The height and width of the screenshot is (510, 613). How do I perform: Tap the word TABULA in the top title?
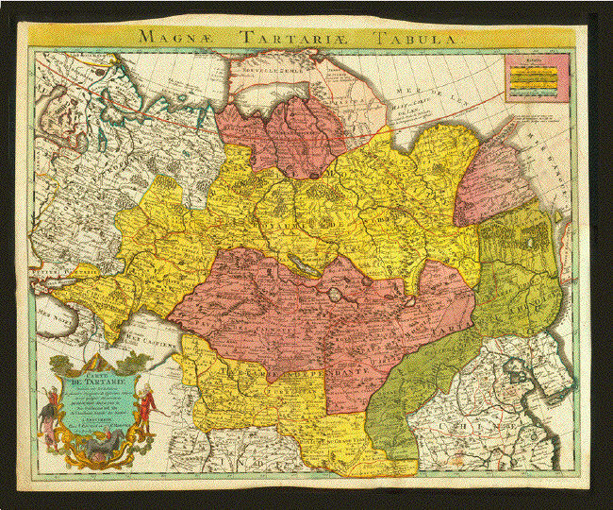[415, 38]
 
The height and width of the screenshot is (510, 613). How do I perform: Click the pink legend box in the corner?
[536, 76]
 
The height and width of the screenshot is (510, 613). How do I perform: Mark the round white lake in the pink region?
[336, 294]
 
